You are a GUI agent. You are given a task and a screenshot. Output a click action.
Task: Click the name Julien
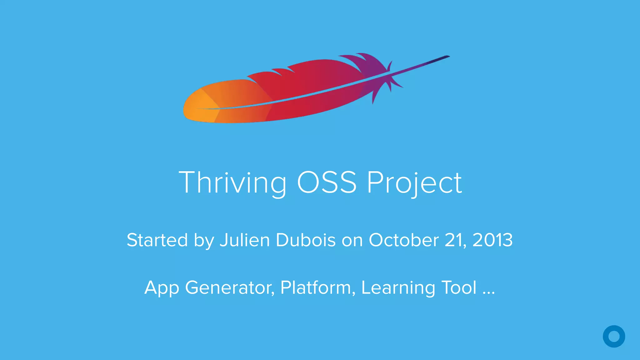[x=245, y=240]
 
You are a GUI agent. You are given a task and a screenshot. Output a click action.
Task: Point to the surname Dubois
[x=306, y=240]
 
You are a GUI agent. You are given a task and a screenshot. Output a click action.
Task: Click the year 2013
[x=492, y=240]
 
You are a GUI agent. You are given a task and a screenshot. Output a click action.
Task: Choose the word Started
[x=157, y=240]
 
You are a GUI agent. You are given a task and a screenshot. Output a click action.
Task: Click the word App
[x=162, y=288]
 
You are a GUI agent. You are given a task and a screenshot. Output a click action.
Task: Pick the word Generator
[x=230, y=288]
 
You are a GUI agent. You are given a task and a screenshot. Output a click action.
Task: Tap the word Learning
[x=398, y=288]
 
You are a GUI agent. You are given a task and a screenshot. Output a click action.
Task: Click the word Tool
[x=459, y=288]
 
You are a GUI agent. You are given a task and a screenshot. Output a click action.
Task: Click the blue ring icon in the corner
[x=614, y=336]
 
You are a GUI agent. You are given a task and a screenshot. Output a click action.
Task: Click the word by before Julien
[x=204, y=241]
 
